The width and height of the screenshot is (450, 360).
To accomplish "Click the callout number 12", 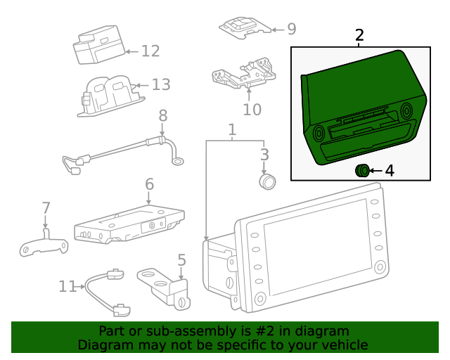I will click(150, 51).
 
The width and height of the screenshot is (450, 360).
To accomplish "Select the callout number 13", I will click(161, 85).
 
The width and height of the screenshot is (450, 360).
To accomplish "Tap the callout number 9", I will click(291, 29).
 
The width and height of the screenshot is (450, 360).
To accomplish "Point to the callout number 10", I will click(252, 110).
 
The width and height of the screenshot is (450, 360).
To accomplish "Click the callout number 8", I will click(162, 115).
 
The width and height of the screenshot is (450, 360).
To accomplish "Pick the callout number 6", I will click(149, 184).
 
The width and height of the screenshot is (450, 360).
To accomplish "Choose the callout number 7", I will click(46, 208).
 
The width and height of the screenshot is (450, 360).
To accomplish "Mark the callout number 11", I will click(67, 286).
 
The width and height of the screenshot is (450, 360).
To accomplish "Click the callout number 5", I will click(181, 260).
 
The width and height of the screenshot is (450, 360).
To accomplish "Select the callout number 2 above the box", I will click(359, 35).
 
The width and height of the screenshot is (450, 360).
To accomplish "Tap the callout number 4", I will click(389, 170).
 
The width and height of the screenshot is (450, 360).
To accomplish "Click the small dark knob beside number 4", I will click(362, 169).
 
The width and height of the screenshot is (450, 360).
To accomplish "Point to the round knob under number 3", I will click(267, 181).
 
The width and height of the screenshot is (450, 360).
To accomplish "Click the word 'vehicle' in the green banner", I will click(344, 345).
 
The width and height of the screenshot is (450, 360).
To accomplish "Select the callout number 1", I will click(231, 130).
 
